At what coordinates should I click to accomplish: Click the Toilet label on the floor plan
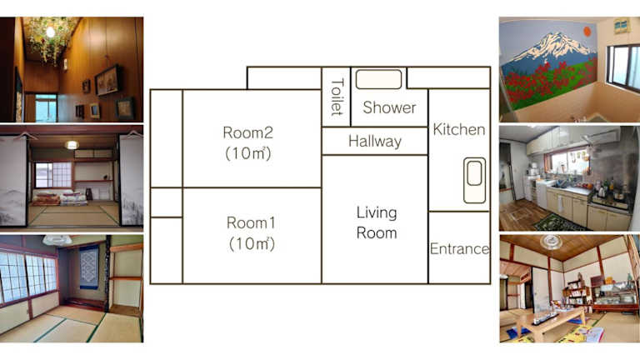pyautogui.click(x=337, y=97)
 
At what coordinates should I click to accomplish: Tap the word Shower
pyautogui.click(x=389, y=107)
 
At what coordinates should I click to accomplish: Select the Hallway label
pyautogui.click(x=375, y=141)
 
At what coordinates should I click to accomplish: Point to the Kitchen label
pyautogui.click(x=459, y=129)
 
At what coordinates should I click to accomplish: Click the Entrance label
pyautogui.click(x=460, y=248)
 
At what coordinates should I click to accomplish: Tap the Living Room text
pyautogui.click(x=377, y=222)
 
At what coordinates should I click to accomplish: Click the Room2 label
pyautogui.click(x=247, y=132)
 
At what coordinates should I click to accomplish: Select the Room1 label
pyautogui.click(x=251, y=222)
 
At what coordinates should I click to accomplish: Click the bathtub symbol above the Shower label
pyautogui.click(x=379, y=79)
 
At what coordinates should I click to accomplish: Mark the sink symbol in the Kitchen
pyautogui.click(x=475, y=180)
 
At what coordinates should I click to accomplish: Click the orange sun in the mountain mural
pyautogui.click(x=587, y=32)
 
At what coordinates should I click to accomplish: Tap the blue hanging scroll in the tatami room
pyautogui.click(x=88, y=267)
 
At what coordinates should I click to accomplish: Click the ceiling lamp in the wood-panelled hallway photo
pyautogui.click(x=51, y=32)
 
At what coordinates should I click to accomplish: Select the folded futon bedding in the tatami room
pyautogui.click(x=60, y=198)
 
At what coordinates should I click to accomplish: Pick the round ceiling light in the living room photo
pyautogui.click(x=552, y=242)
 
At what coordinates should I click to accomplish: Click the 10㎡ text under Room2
pyautogui.click(x=248, y=153)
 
